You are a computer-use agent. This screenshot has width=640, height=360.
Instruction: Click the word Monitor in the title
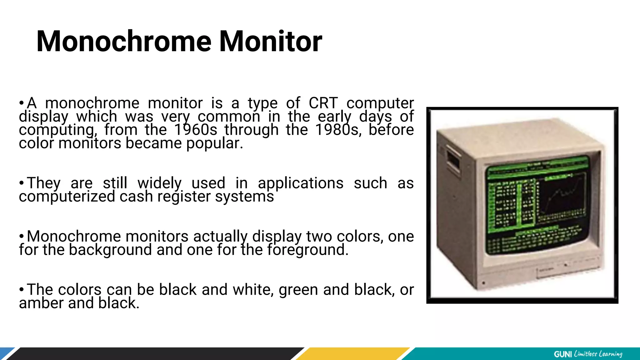click(x=270, y=41)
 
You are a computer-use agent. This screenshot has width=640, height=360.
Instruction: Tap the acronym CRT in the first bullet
click(x=323, y=103)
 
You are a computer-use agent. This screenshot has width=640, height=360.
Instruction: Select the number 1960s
click(x=195, y=130)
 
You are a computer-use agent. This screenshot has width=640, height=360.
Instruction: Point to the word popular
click(x=214, y=143)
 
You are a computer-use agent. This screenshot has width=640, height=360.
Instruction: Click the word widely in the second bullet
click(x=159, y=183)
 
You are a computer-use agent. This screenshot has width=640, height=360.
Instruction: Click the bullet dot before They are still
click(x=21, y=183)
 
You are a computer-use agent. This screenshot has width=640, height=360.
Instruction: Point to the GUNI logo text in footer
click(x=562, y=354)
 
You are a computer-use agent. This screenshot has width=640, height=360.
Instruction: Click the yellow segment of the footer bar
click(x=353, y=354)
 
